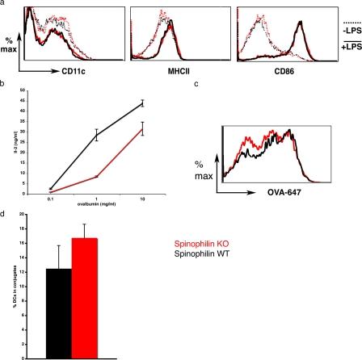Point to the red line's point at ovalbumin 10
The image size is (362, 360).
(x=142, y=128)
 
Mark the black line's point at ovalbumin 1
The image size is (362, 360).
(x=97, y=135)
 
